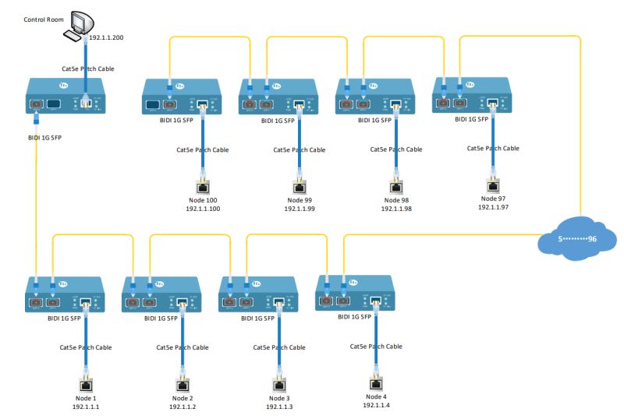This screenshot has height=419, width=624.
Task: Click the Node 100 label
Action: pos(203,201)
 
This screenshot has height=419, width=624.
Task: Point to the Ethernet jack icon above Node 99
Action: pos(299,186)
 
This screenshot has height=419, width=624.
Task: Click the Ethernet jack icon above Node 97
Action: pos(492,185)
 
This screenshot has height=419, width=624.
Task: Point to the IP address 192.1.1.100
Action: pos(203,209)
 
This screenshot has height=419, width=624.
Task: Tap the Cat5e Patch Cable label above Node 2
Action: pos(183,347)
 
